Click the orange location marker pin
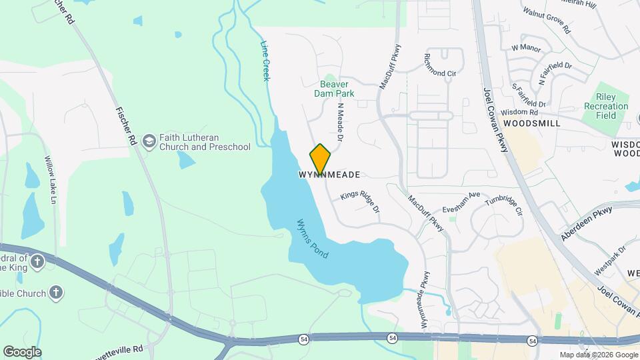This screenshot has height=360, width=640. coord(321,158)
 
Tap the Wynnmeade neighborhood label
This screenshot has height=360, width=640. coord(329,175)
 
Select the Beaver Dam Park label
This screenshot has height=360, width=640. coord(335,89)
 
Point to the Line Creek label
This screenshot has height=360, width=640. coord(265,61)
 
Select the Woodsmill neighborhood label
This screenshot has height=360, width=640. coord(531,124)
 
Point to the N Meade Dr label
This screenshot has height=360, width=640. coord(340,121)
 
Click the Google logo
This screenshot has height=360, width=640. coord(22,352)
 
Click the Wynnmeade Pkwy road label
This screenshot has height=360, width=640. coord(423,301)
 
